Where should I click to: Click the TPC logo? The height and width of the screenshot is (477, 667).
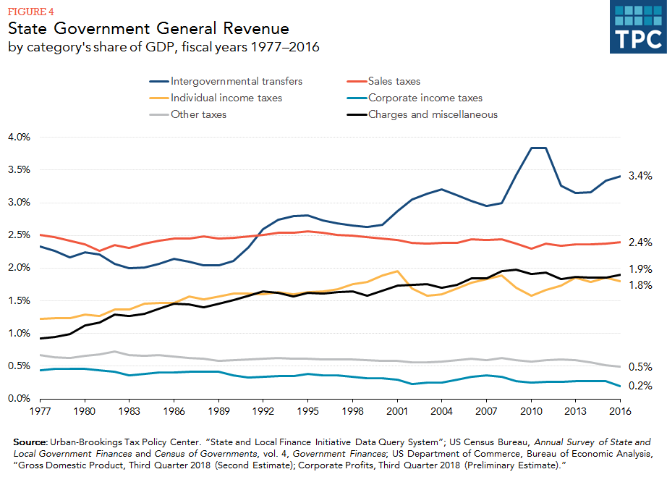(x=635, y=28)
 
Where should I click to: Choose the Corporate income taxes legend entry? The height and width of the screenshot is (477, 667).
(x=425, y=98)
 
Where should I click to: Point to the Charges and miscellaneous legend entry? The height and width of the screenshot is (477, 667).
(x=433, y=114)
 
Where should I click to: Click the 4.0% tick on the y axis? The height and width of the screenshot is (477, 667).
(x=19, y=137)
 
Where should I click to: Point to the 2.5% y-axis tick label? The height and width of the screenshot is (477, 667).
(x=19, y=235)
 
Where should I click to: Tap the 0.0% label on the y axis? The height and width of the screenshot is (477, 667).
(x=19, y=399)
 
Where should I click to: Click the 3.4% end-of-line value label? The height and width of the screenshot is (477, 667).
(x=640, y=176)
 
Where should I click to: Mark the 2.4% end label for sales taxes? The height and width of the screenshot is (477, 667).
(x=640, y=242)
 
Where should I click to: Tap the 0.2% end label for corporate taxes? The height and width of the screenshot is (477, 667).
(x=640, y=386)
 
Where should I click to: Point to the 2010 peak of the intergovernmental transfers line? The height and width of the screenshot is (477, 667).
(x=532, y=148)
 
